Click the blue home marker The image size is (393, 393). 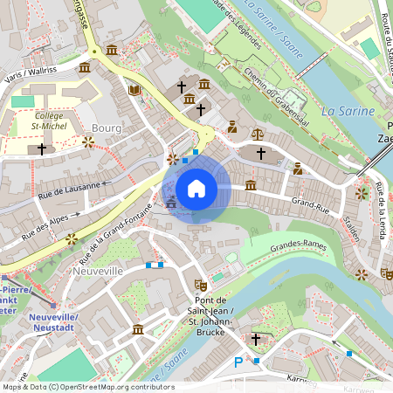coord(196,188)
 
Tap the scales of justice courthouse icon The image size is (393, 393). coord(257,134)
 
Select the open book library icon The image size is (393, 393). coord(134,90)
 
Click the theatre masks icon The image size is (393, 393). coord(200,284)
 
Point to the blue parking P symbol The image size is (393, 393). coord(238,362)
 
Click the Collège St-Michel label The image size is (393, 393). coord(56,121)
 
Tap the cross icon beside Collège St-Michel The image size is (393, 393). coord(41,149)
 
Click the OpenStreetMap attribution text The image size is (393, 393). coord(87,387)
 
